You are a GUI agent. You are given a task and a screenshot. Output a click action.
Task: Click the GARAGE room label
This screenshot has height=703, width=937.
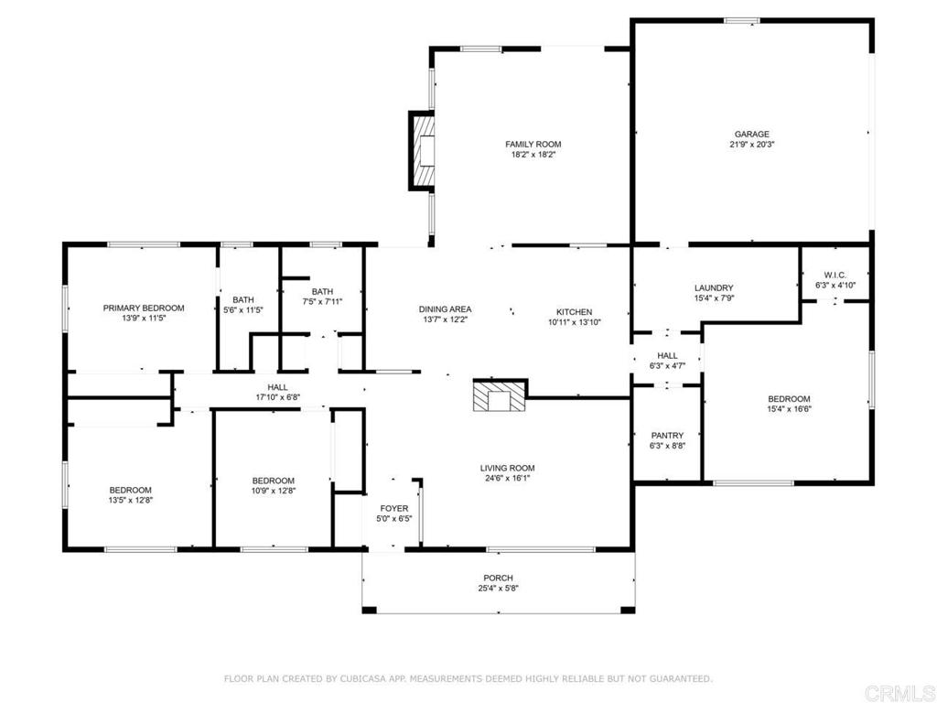(752, 135)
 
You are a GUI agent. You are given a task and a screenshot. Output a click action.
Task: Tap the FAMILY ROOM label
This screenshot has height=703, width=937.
(533, 144)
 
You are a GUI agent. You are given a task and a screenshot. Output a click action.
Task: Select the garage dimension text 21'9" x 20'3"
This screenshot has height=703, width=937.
(752, 145)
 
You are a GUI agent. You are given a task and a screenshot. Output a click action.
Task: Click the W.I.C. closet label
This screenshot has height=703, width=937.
(835, 275)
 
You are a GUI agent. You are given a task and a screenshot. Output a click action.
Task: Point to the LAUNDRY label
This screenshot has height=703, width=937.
(714, 287)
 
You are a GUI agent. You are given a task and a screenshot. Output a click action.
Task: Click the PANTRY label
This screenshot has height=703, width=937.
(667, 436)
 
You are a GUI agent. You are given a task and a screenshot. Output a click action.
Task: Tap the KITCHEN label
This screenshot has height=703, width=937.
(575, 312)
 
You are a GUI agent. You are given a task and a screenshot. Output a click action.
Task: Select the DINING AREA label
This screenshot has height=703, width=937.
(446, 309)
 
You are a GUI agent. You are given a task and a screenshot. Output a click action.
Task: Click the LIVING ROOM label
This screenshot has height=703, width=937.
(507, 468)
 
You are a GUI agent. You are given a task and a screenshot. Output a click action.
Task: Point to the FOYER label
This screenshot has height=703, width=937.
(394, 509)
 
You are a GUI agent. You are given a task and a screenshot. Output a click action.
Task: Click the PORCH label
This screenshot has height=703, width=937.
(499, 579)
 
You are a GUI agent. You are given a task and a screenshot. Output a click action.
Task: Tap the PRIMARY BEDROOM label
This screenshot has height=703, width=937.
(144, 308)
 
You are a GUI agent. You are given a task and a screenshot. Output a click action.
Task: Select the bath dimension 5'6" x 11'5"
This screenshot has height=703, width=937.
(243, 310)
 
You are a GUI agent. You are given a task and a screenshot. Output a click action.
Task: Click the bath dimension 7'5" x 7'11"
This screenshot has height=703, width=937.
(322, 302)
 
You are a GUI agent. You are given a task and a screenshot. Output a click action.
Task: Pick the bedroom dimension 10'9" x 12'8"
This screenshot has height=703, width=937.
(273, 491)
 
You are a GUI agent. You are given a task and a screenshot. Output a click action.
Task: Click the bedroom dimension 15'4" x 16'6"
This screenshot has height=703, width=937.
(789, 409)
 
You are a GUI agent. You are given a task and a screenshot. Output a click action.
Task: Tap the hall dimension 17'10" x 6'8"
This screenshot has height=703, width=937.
(278, 397)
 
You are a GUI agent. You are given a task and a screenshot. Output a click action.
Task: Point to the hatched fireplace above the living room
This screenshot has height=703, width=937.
(501, 395)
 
